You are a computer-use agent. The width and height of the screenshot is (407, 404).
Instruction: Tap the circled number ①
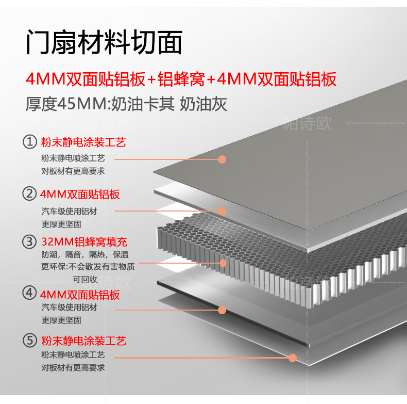[x=30, y=142]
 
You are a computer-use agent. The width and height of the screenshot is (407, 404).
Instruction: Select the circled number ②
[x=30, y=195]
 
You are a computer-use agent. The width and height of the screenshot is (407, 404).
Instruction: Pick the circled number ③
[x=30, y=241]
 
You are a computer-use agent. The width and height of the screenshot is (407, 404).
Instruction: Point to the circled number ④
[x=30, y=294]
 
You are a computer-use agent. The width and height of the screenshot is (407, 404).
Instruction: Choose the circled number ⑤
[x=30, y=341]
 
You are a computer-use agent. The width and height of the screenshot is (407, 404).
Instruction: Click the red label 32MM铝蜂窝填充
[x=83, y=241]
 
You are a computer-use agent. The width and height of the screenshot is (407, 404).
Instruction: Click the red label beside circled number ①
[x=83, y=142]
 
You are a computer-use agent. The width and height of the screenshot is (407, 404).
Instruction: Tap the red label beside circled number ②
[x=80, y=195]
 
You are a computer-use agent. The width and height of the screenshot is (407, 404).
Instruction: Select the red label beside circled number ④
[x=80, y=295]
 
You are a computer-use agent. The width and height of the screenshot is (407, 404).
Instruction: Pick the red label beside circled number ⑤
[x=83, y=341]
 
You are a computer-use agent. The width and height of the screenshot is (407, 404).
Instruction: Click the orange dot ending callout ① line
[x=222, y=159]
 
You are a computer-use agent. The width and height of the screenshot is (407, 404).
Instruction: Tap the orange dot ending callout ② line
[x=222, y=211]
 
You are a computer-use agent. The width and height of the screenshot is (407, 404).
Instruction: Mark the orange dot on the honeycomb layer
[x=223, y=263]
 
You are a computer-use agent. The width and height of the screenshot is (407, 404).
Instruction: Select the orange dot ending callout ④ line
[x=222, y=310]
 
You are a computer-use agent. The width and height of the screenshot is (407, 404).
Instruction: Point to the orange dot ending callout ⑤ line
[x=293, y=357]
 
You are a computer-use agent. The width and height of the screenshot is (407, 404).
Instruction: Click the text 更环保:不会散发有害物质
[x=88, y=267]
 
